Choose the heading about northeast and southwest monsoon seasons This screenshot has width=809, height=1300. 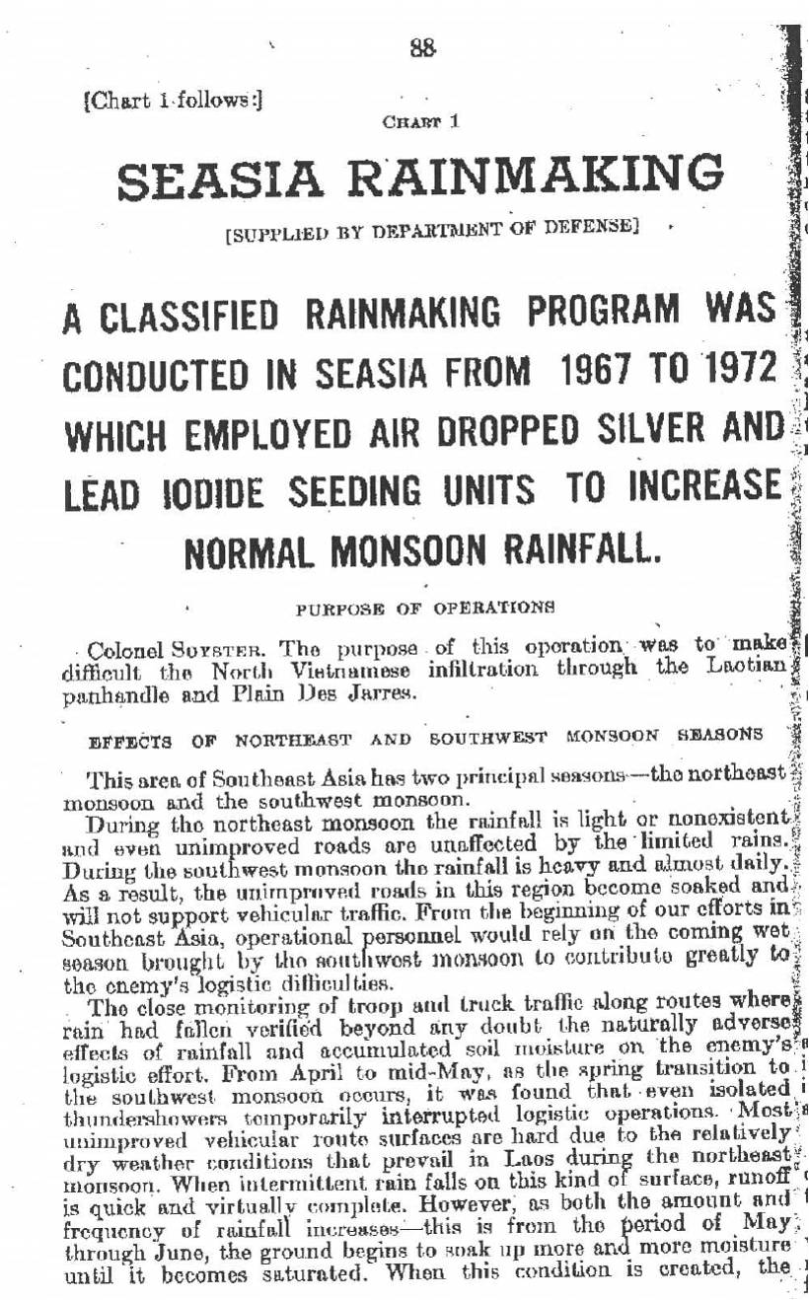(424, 736)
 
